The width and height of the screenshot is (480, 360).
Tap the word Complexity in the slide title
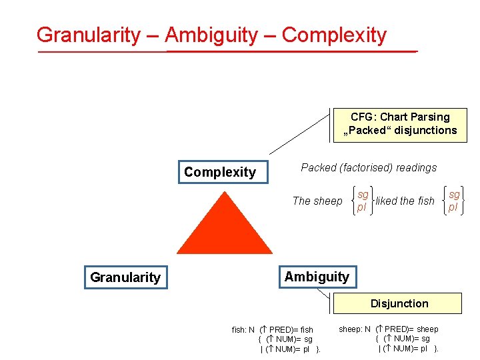point(334,35)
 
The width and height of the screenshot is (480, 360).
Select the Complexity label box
point(221,172)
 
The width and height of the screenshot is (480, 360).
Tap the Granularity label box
point(125,277)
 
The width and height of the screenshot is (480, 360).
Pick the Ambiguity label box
point(317,277)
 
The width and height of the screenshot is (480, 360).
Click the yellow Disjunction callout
point(399,303)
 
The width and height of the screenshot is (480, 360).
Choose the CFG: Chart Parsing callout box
point(400,124)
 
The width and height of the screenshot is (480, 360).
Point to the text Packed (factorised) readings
point(369,168)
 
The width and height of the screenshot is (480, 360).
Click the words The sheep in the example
point(317,201)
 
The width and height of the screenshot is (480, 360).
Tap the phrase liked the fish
point(405,201)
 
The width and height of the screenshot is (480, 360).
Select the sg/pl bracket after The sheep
point(362,201)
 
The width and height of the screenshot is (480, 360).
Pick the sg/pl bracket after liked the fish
point(453,201)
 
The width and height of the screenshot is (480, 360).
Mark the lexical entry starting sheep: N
point(389,338)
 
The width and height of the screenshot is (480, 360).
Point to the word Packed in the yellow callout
point(367,131)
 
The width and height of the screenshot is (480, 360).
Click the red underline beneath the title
point(227,51)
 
